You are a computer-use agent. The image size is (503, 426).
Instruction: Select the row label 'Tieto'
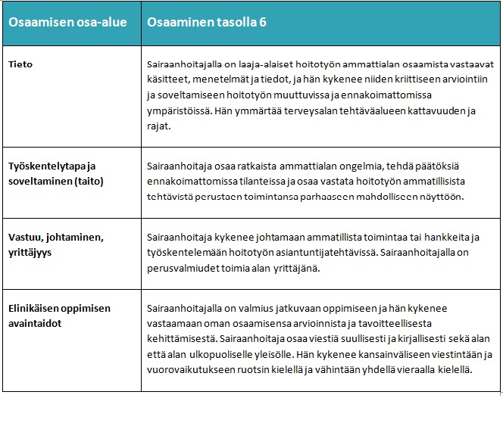point(20,64)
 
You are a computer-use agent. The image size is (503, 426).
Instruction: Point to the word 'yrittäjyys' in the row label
point(30,252)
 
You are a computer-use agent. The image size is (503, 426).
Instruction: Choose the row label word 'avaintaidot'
point(34,323)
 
